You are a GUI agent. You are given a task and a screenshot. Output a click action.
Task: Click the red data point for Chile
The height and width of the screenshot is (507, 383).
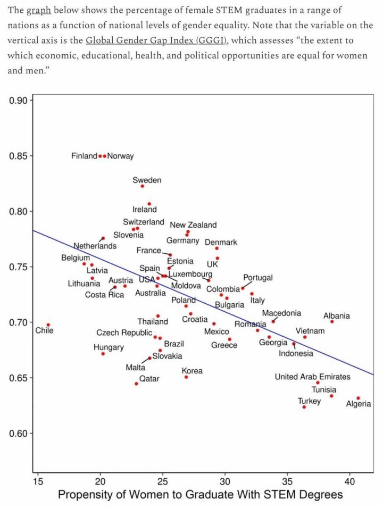click(48, 325)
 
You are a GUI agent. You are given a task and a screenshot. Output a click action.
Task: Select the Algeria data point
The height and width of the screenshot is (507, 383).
click(358, 398)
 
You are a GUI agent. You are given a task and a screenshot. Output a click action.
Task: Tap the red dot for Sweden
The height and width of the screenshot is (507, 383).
click(143, 186)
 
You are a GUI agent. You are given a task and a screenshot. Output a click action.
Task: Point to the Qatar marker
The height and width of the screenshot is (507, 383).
click(136, 384)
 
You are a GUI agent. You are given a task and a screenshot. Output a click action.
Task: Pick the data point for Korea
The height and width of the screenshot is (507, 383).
click(186, 377)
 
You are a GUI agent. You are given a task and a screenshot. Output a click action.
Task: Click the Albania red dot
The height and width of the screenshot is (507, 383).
click(332, 321)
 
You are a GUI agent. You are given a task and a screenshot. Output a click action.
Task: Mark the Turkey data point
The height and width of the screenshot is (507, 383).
click(304, 407)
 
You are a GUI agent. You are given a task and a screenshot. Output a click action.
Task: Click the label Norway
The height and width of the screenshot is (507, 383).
click(121, 156)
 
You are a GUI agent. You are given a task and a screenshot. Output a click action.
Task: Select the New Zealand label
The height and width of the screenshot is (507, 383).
click(193, 225)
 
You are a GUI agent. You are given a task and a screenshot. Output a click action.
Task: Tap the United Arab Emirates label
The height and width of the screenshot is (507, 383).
click(312, 377)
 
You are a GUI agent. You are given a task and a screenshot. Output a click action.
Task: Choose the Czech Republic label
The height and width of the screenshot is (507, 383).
click(124, 333)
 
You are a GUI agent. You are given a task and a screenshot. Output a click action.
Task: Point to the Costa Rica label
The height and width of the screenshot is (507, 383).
click(104, 295)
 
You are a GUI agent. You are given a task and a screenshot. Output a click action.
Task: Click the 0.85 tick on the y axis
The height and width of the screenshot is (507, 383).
click(20, 156)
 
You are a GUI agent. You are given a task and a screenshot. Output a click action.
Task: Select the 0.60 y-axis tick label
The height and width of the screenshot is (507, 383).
click(20, 434)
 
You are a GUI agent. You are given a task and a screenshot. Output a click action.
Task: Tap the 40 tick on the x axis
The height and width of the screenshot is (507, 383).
click(349, 482)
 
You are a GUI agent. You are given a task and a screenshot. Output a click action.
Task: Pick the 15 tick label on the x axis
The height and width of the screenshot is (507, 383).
click(38, 482)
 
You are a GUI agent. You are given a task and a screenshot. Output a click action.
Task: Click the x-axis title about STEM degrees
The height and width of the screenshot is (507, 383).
click(200, 495)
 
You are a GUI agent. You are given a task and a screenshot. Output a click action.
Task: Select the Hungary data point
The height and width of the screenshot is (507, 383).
click(103, 354)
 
